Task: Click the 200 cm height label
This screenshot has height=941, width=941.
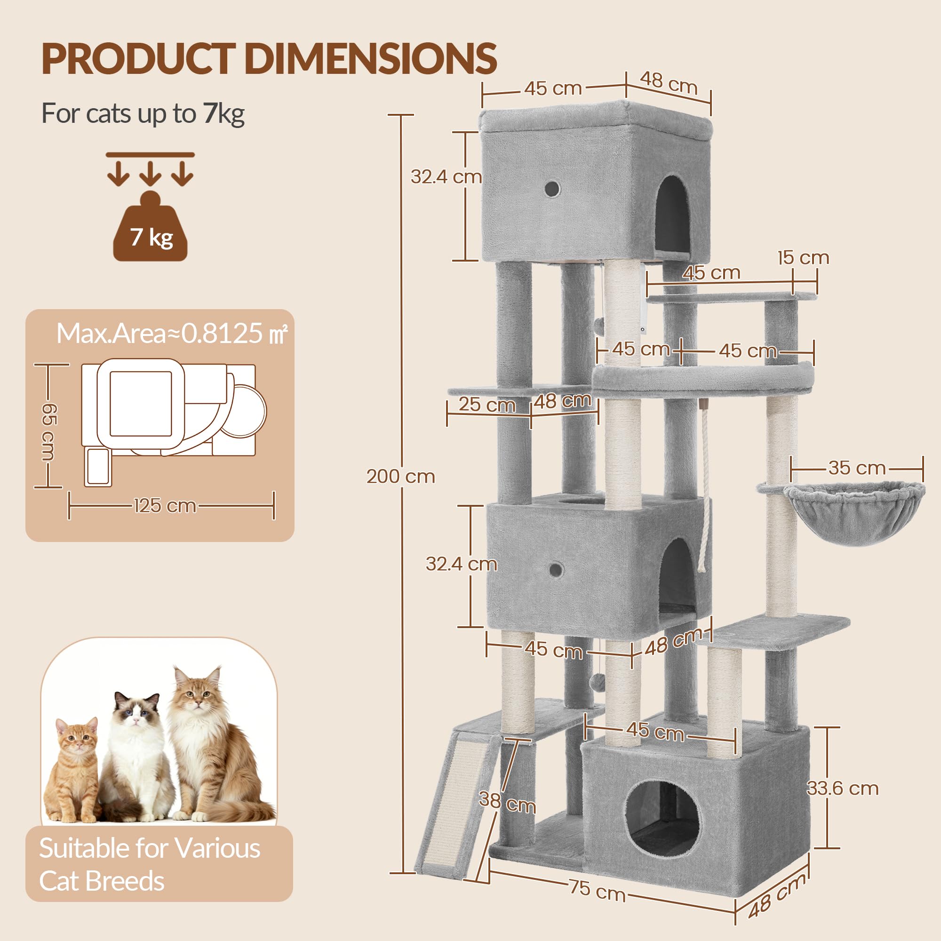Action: pyautogui.click(x=400, y=476)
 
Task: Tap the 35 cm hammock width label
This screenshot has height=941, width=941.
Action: pyautogui.click(x=857, y=468)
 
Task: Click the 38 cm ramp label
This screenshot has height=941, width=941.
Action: pyautogui.click(x=507, y=803)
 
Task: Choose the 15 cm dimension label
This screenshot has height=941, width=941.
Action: pyautogui.click(x=803, y=258)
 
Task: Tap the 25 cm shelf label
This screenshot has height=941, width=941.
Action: pyautogui.click(x=487, y=404)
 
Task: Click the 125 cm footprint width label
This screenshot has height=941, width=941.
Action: pyautogui.click(x=165, y=506)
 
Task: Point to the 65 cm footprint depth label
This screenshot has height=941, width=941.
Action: pyautogui.click(x=49, y=431)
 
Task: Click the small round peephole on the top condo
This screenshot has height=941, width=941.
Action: pyautogui.click(x=552, y=189)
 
